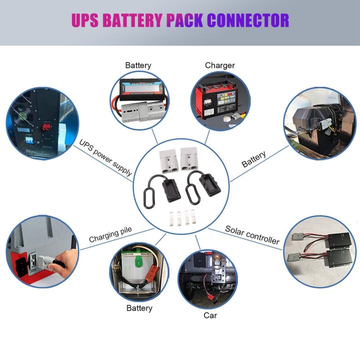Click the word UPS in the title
tap(86, 20)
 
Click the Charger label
tap(219, 65)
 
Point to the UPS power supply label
tap(105, 157)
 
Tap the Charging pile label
tap(110, 235)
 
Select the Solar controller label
tap(252, 234)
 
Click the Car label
tap(210, 315)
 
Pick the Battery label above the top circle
tap(138, 65)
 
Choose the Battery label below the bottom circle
tap(139, 308)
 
